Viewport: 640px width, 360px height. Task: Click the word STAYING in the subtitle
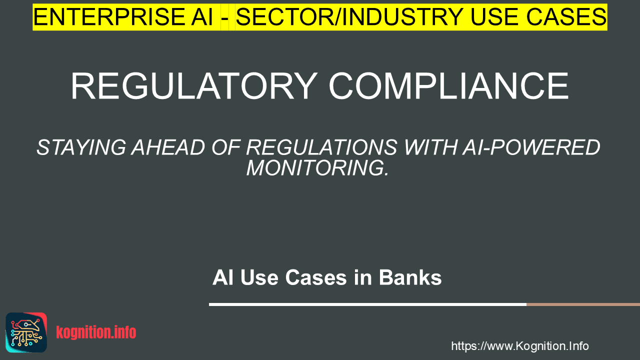[x=81, y=147]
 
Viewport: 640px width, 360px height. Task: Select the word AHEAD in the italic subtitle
[x=168, y=147]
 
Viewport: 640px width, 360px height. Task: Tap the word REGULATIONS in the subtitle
[x=321, y=147]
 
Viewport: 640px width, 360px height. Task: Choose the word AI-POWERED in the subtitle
[x=531, y=147]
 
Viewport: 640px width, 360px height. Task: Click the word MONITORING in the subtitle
[x=317, y=168]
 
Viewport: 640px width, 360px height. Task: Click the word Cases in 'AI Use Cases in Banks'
[x=315, y=277]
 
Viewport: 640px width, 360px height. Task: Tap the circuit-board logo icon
[x=26, y=332]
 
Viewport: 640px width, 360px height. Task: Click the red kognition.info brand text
[x=96, y=332]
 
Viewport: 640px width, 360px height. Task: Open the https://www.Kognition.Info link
[x=520, y=346]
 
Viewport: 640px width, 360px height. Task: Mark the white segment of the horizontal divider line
[x=367, y=304]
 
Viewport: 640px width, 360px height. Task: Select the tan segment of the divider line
[x=583, y=304]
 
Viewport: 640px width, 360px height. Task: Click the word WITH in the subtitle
[x=429, y=147]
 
